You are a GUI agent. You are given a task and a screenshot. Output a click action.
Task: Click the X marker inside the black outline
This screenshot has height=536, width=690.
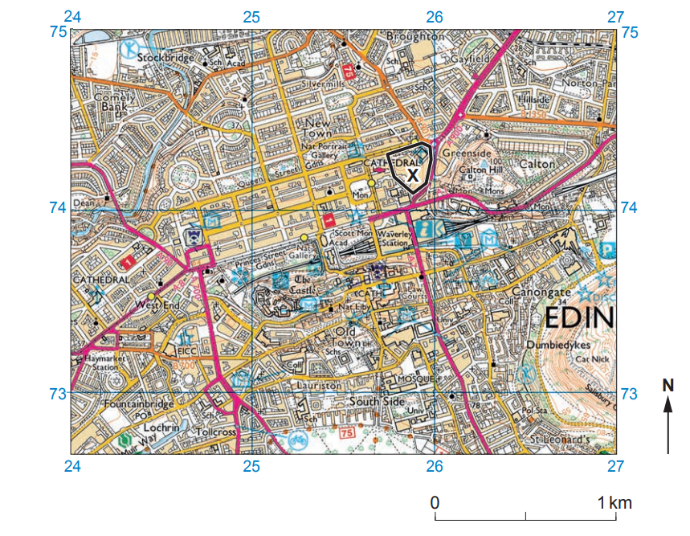[x=412, y=174]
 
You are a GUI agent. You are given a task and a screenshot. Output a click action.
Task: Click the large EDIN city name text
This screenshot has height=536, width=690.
[x=579, y=318]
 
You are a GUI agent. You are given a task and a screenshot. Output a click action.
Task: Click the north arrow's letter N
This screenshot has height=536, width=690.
[x=668, y=386]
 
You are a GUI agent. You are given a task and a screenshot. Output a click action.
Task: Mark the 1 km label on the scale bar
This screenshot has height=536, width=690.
[x=615, y=503]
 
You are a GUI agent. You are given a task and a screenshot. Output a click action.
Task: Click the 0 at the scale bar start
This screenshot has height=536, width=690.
[x=435, y=503]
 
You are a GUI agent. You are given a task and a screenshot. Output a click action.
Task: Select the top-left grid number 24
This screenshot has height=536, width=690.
[x=73, y=16]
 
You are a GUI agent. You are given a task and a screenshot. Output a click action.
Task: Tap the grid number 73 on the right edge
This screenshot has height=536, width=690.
[x=629, y=394]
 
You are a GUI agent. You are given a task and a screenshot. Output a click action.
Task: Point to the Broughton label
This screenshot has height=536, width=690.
[x=414, y=36]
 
